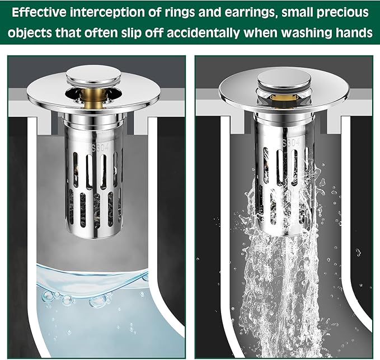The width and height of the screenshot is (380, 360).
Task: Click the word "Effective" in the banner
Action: tap(39, 12)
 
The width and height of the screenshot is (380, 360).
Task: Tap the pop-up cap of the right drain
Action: tap(284, 80)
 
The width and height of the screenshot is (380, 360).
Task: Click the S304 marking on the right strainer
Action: tap(291, 143)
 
